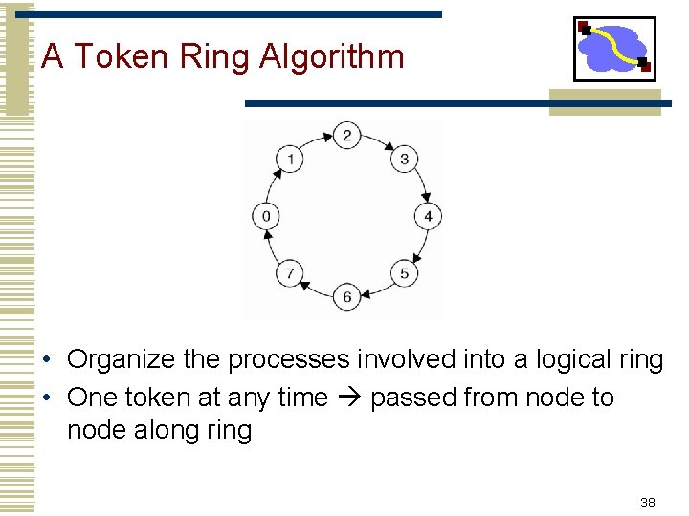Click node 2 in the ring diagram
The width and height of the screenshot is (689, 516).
point(347,135)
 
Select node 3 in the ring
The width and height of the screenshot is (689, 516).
point(404,159)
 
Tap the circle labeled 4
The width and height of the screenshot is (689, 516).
point(428,216)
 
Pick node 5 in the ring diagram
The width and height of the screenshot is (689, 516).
point(404,273)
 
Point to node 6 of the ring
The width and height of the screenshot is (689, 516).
point(346,297)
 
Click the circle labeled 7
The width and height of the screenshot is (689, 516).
point(290,273)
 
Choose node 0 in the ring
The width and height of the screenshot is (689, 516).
point(266,216)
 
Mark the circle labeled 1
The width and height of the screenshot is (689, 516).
point(290,159)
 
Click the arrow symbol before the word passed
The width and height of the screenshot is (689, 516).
point(348,398)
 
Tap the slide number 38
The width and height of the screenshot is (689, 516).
point(648,503)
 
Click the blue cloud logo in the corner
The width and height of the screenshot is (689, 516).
point(613,48)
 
